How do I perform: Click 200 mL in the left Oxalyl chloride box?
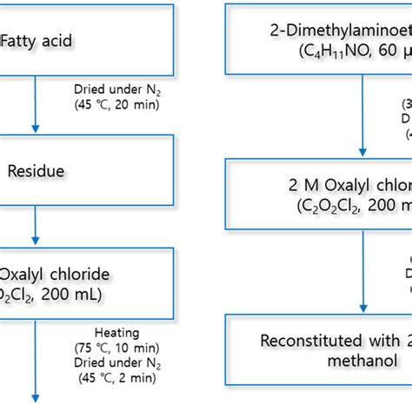pos(73,294)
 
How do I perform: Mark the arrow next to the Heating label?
pos(36,356)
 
